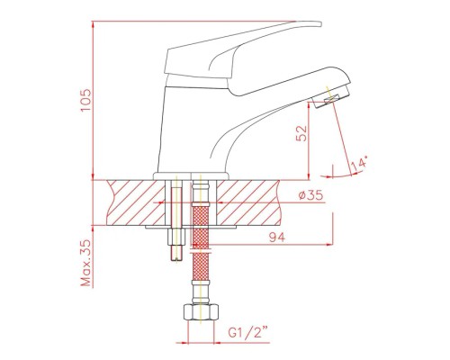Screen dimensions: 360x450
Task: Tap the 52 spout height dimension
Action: pyautogui.click(x=301, y=136)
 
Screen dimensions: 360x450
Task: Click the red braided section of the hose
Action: pyautogui.click(x=200, y=252)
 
